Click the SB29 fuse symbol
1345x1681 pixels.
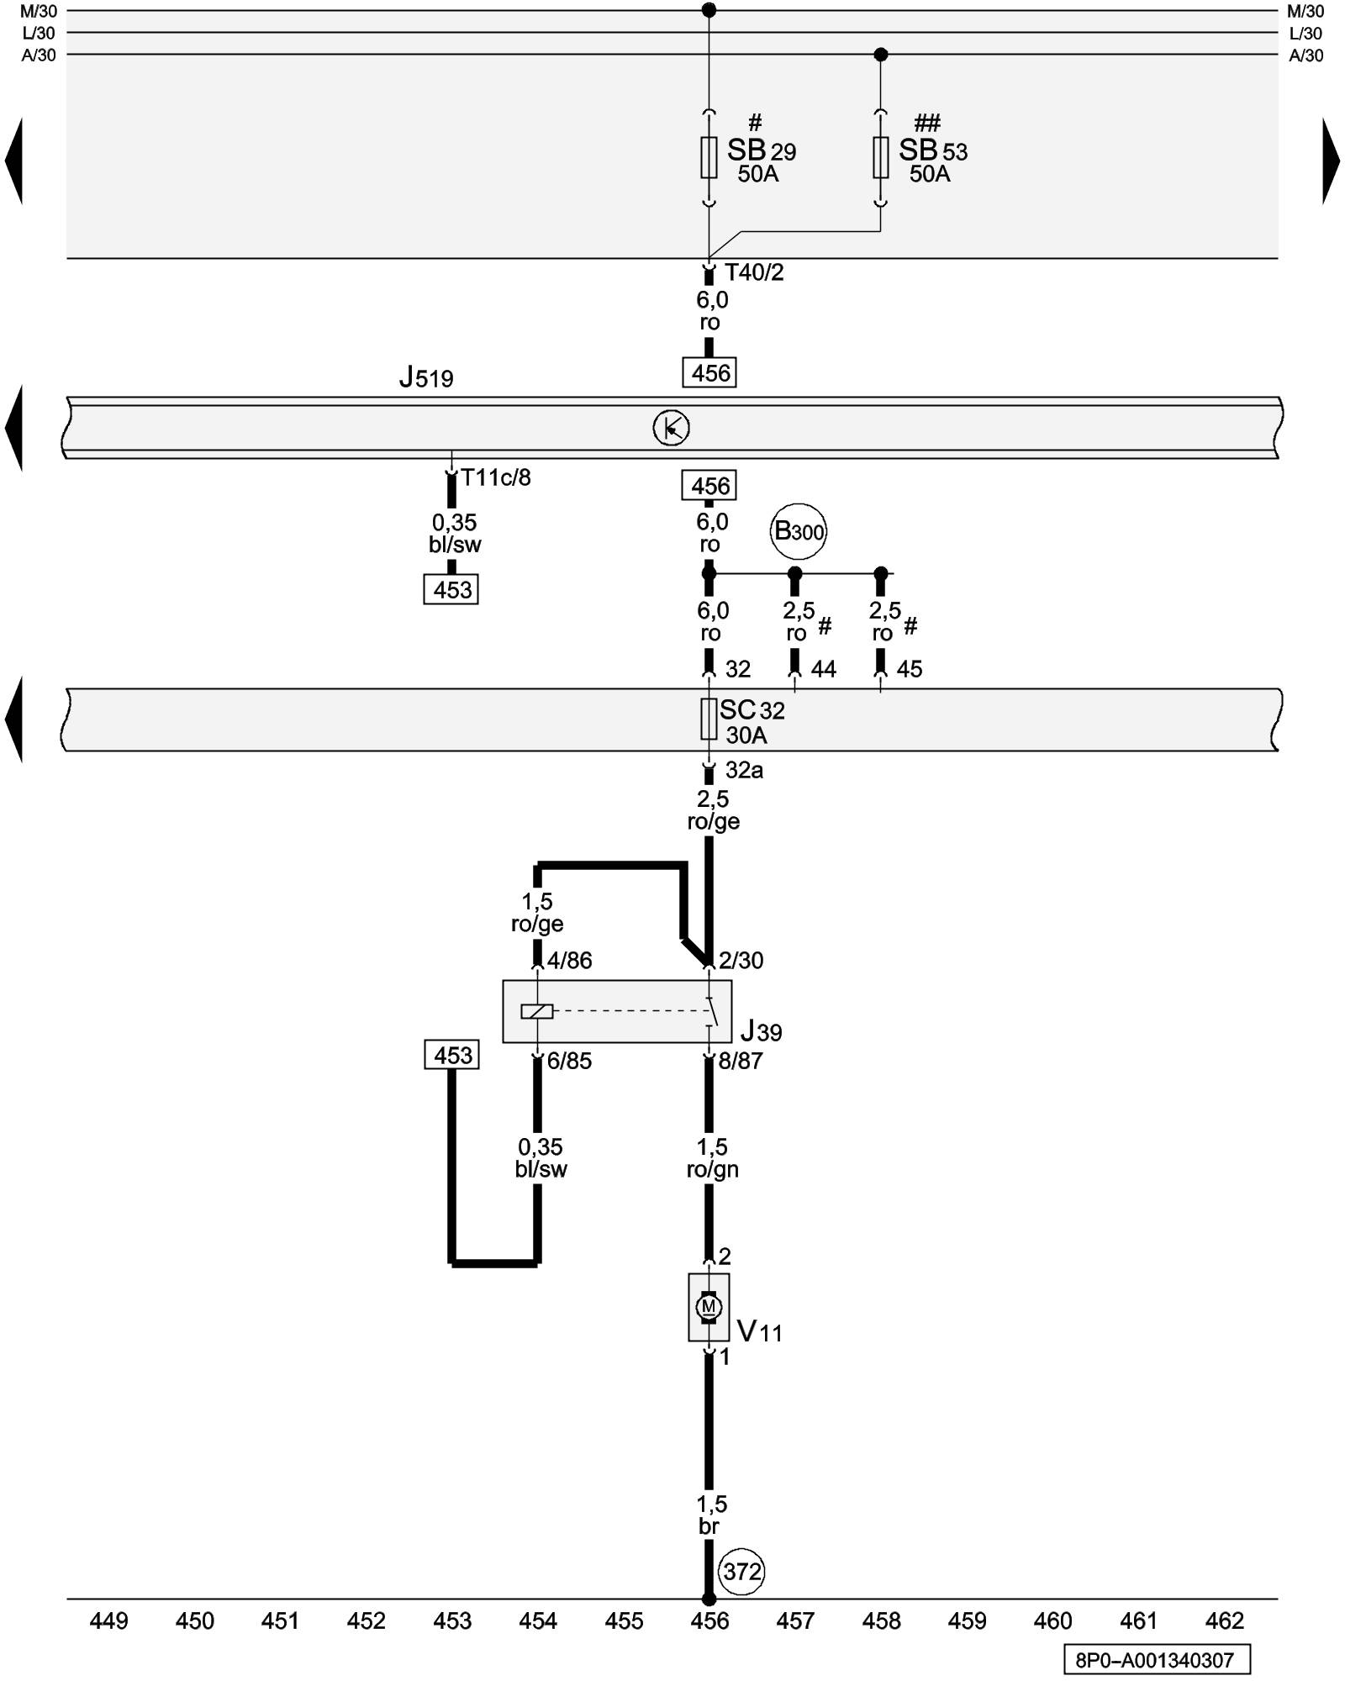click(x=709, y=157)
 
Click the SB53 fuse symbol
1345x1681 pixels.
click(x=880, y=157)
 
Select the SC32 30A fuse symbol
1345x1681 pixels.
click(x=709, y=719)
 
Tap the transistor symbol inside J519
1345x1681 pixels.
click(x=671, y=429)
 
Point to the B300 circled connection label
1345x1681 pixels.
click(x=798, y=531)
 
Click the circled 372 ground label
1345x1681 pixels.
click(x=741, y=1571)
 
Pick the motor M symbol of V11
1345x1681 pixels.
click(x=709, y=1307)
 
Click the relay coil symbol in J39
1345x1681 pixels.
click(x=536, y=1011)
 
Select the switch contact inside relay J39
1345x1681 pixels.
click(x=712, y=1011)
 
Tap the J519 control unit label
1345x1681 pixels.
click(x=426, y=378)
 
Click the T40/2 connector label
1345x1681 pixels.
click(x=754, y=272)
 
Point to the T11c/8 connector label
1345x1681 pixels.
click(x=496, y=477)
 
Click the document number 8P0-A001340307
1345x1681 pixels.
click(x=1155, y=1660)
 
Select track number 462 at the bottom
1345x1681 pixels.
click(x=1224, y=1620)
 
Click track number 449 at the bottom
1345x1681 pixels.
click(x=108, y=1620)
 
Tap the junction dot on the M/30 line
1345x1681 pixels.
click(x=709, y=10)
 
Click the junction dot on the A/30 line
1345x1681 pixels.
click(x=880, y=55)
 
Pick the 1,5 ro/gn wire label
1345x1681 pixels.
click(x=712, y=1158)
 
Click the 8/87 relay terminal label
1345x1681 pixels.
click(x=740, y=1061)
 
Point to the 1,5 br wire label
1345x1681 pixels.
click(x=710, y=1515)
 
